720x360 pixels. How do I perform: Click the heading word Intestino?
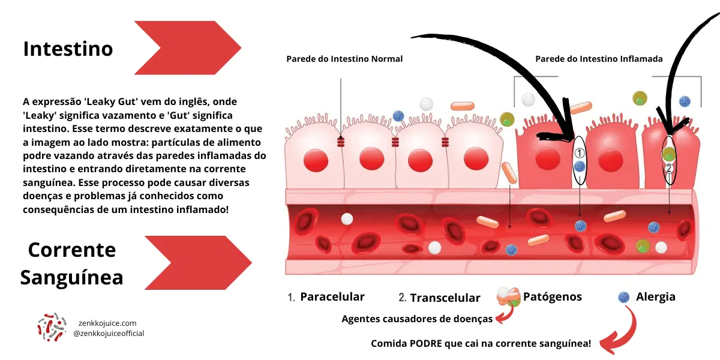(68, 49)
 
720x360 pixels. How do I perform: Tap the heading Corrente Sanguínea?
(71, 263)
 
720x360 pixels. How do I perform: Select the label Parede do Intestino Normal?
(344, 59)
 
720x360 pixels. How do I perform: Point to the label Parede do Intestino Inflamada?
(599, 59)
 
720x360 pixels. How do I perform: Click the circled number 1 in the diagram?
(580, 152)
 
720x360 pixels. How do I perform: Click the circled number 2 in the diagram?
(669, 168)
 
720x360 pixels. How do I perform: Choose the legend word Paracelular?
(332, 296)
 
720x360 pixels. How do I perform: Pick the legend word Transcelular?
(445, 298)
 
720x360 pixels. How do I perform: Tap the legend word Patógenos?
(552, 296)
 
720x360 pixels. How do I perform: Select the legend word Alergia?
(655, 296)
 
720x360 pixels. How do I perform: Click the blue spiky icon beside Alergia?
(624, 296)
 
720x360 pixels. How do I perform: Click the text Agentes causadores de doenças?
(417, 319)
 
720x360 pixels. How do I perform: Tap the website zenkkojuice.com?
(107, 323)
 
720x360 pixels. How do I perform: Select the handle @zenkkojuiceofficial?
(109, 334)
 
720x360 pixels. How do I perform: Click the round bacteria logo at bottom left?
(52, 328)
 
